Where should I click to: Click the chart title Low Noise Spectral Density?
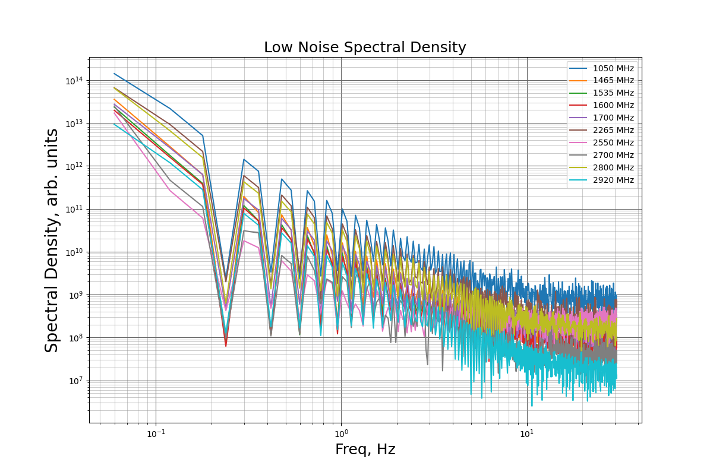tap(365, 47)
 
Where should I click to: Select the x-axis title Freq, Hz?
tap(365, 449)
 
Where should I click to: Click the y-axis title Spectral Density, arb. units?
tap(51, 240)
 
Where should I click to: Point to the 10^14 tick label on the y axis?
tap(74, 81)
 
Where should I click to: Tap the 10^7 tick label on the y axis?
tap(75, 381)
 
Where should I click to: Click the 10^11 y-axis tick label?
tap(74, 210)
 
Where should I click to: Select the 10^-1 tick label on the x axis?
tap(156, 433)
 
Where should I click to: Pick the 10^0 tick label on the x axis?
tap(342, 433)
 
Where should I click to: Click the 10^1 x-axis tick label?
tap(527, 433)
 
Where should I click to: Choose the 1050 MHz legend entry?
tap(601, 68)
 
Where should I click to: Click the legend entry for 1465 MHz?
tap(601, 81)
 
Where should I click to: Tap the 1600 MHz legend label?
tap(601, 105)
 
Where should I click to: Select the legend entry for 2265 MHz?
tap(601, 130)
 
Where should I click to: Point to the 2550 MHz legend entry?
tap(601, 142)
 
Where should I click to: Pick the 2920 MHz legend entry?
tap(601, 180)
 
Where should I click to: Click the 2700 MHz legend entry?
tap(601, 155)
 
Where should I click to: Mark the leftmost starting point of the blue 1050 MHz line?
tap(114, 74)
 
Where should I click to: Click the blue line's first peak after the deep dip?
tap(244, 159)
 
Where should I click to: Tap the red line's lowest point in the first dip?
tap(226, 346)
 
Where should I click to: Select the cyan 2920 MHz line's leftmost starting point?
tap(114, 124)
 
